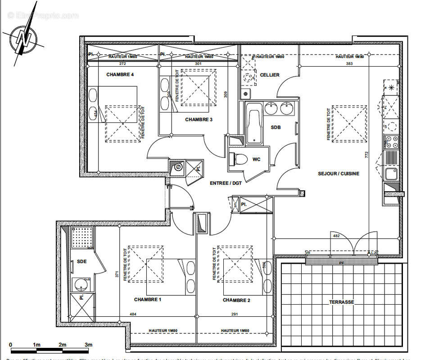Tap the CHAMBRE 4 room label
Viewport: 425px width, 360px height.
coord(120,75)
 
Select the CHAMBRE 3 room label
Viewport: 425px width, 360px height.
coord(199,119)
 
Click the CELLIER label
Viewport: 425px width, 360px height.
coord(270,75)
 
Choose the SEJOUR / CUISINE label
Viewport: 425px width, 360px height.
coord(339,174)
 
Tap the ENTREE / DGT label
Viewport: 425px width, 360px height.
coord(226,183)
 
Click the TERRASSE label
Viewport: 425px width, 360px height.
coord(341,302)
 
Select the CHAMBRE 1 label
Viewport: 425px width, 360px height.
coord(147,300)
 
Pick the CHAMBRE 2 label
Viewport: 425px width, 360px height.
coord(236,300)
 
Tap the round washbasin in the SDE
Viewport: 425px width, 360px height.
coord(82,284)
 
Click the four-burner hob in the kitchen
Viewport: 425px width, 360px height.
coord(391,142)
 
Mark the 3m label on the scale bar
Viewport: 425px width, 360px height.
coord(88,345)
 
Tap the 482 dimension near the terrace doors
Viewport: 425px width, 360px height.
coord(335,235)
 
